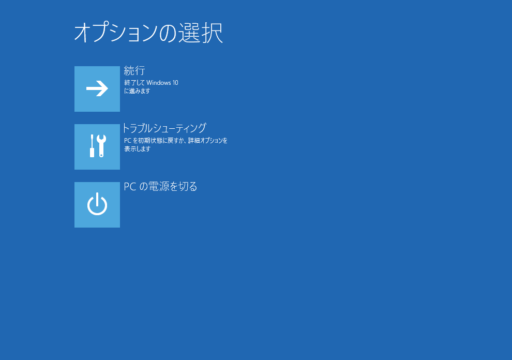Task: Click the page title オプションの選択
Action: click(x=148, y=33)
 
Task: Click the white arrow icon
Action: click(x=97, y=88)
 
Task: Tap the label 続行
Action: click(x=134, y=70)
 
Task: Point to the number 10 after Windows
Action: click(x=175, y=83)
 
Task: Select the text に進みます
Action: click(x=137, y=91)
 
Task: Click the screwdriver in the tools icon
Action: click(x=92, y=146)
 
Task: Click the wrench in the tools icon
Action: click(x=101, y=146)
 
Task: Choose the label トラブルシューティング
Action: click(x=164, y=128)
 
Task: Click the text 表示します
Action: click(x=137, y=148)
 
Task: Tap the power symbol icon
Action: click(x=97, y=204)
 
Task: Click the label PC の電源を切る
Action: click(x=160, y=186)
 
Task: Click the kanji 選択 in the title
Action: click(x=201, y=33)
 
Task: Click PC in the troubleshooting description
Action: click(x=127, y=141)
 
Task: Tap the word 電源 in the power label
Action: click(x=159, y=186)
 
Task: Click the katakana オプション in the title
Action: click(x=116, y=33)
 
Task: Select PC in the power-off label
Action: click(x=130, y=187)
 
